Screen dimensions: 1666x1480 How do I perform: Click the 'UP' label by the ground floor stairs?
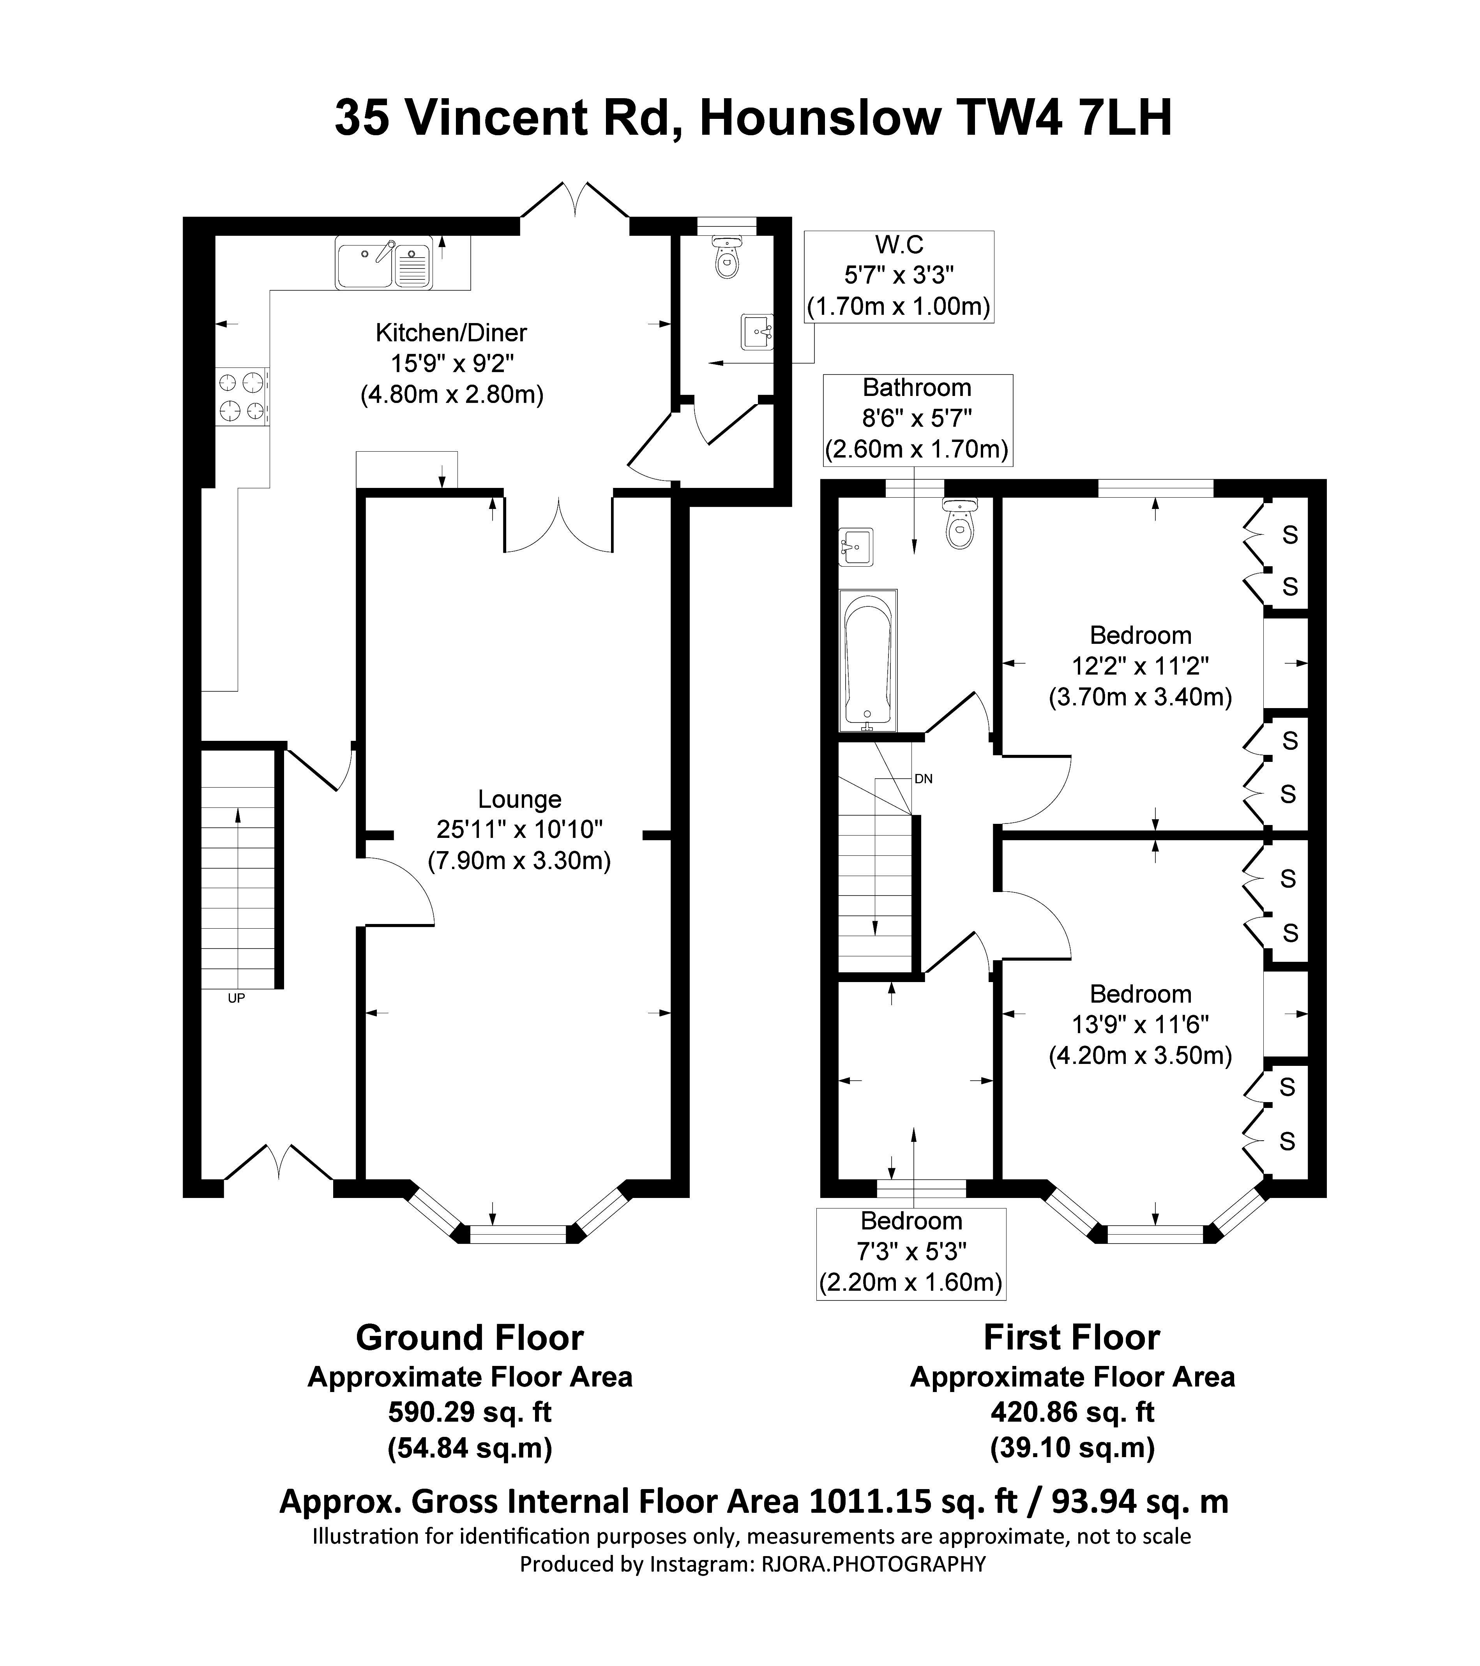(237, 998)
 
